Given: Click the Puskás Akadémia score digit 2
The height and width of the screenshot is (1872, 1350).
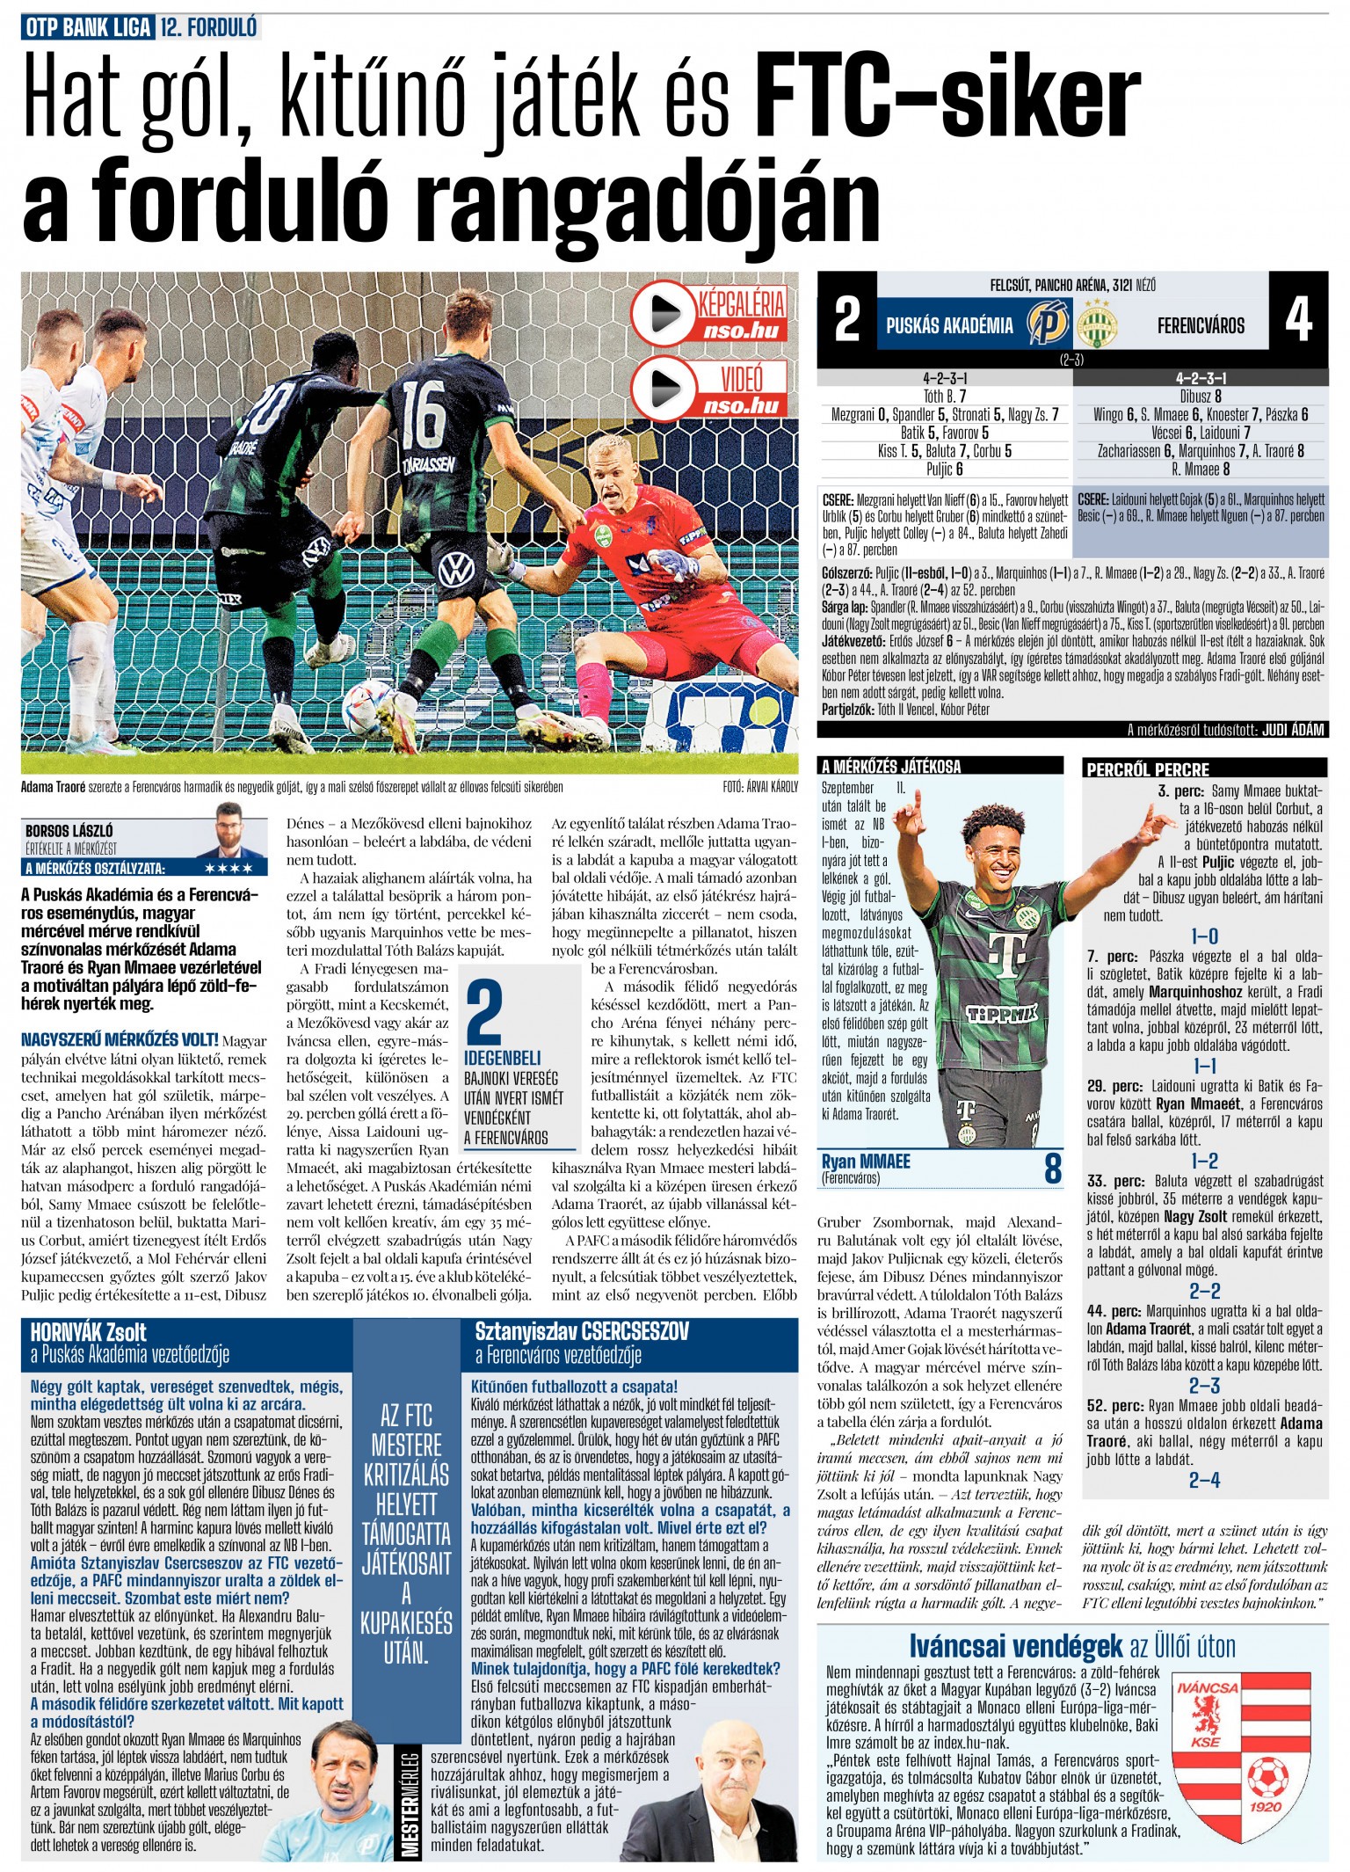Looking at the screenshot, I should (846, 319).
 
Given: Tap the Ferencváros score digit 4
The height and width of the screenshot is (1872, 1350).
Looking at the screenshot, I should (1298, 319).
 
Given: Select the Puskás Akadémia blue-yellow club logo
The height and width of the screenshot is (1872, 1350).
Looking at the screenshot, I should (1049, 323).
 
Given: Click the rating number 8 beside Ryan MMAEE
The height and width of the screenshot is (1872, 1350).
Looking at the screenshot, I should (1052, 1169).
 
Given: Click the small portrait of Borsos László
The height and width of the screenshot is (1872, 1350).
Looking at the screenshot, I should (230, 829).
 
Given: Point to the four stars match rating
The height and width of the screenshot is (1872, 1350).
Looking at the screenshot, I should (228, 869).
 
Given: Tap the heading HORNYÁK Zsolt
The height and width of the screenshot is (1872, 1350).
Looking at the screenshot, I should (88, 1332).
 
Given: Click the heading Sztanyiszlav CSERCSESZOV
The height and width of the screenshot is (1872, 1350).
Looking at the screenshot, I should (582, 1331).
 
